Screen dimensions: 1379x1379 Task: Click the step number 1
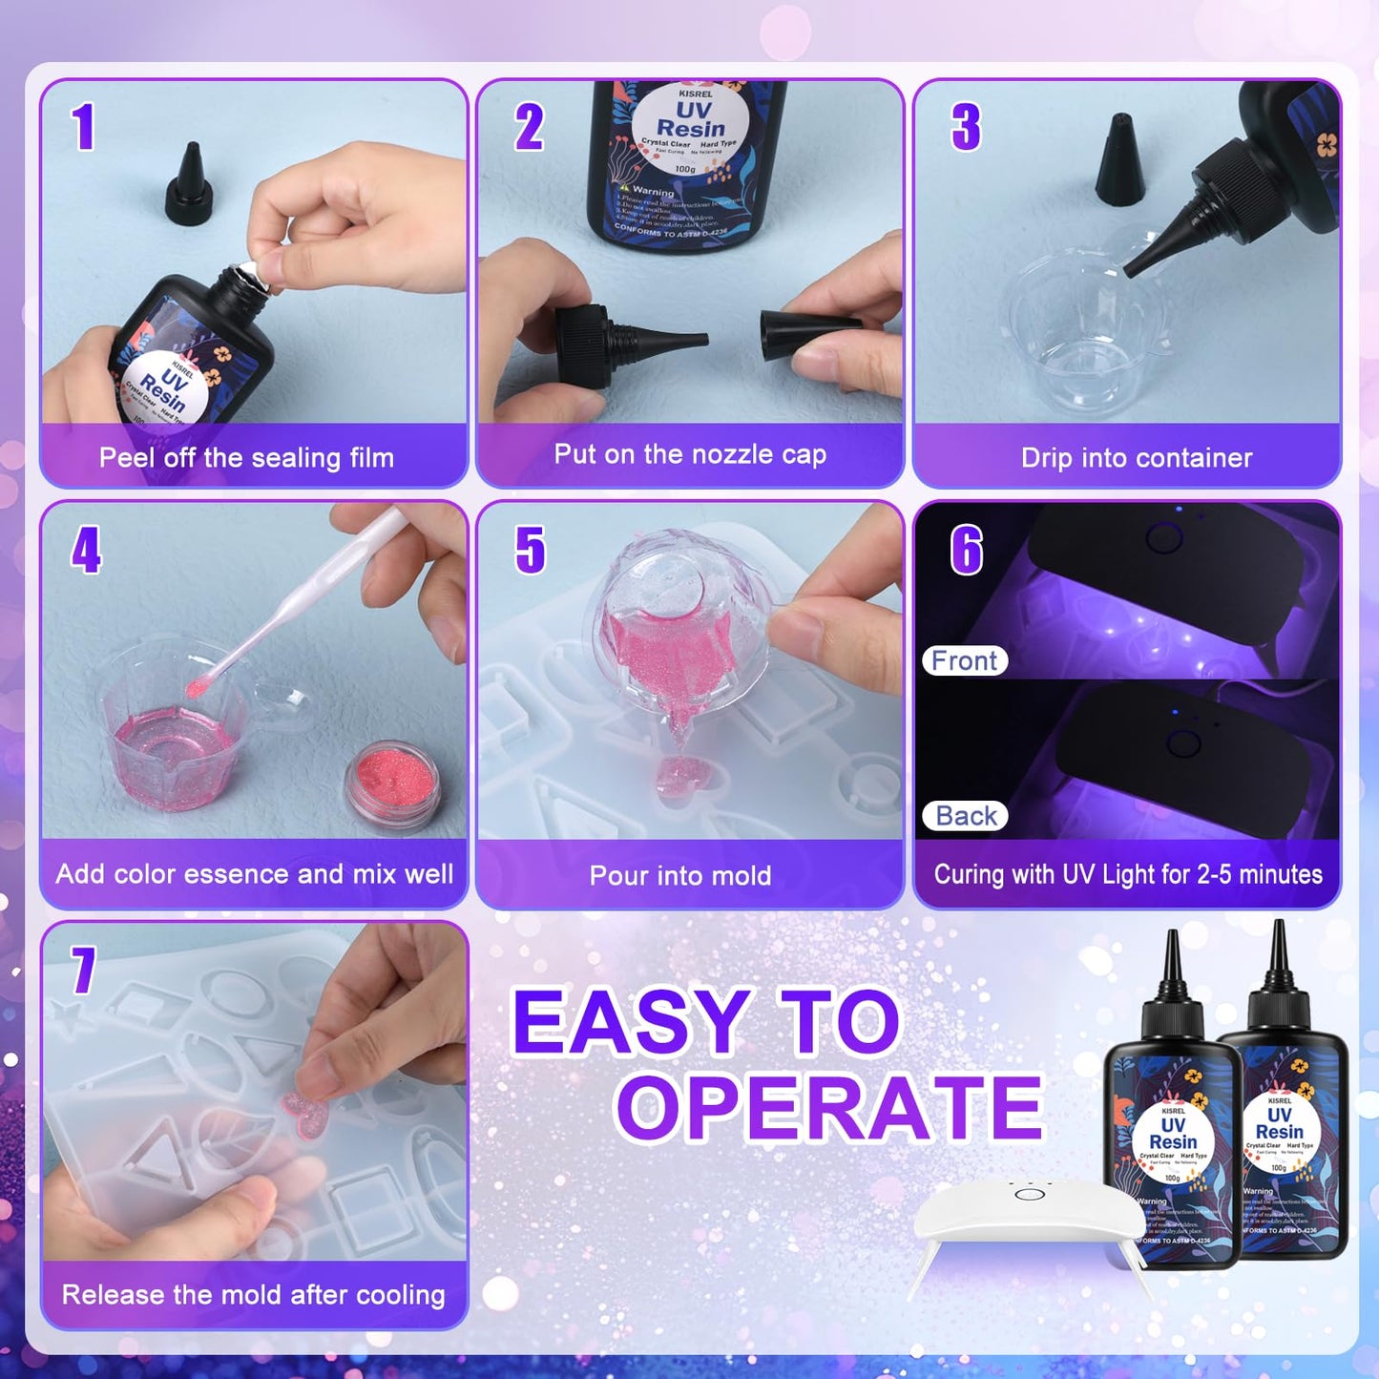point(84,127)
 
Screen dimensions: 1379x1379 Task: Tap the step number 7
point(84,970)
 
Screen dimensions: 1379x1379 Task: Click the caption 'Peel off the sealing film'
point(246,458)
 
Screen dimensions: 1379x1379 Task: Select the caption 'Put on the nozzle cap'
point(690,454)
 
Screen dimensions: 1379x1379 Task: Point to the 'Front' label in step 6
point(965,660)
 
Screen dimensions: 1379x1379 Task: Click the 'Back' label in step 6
point(966,816)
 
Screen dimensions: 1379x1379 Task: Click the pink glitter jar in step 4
point(392,776)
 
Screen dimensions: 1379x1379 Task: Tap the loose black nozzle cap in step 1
point(188,186)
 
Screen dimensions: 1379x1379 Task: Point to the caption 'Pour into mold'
point(680,875)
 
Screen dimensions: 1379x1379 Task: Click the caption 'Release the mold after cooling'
point(253,1295)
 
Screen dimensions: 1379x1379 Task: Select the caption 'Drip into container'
point(1136,458)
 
